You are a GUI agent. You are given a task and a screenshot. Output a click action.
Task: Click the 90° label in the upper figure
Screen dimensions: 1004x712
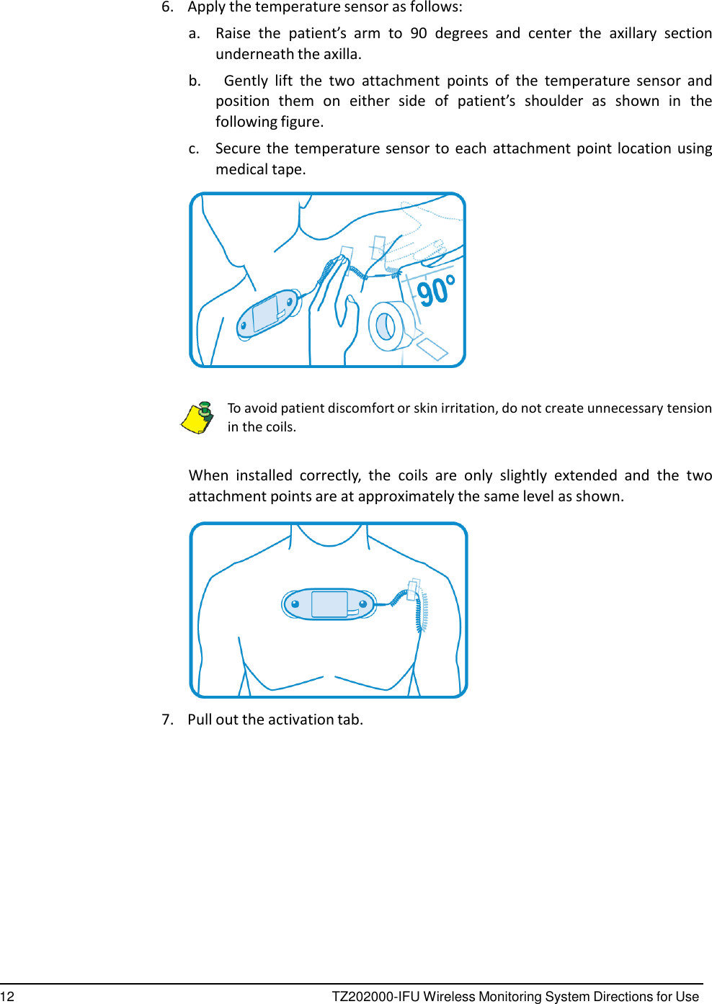[x=437, y=291]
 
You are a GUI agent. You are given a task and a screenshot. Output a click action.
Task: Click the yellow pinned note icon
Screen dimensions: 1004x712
[x=197, y=418]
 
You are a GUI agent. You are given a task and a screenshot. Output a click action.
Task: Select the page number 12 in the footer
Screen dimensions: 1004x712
[x=7, y=996]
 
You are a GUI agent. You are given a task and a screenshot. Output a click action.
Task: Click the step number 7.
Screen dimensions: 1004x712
[x=167, y=720]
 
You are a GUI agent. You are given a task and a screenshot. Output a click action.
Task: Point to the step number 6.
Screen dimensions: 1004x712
[x=167, y=7]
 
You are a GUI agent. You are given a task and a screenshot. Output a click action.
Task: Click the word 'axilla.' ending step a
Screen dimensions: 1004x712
[x=342, y=54]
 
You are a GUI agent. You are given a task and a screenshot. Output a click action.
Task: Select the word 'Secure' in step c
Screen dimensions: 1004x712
[x=238, y=148]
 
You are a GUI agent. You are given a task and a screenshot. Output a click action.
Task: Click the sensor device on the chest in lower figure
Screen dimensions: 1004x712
[x=329, y=604]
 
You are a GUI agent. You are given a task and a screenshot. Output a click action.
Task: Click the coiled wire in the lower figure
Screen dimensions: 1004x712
[x=420, y=612]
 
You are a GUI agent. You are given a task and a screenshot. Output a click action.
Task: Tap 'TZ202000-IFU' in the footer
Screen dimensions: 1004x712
[x=375, y=996]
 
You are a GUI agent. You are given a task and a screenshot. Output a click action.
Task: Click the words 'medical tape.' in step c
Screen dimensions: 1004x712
[x=261, y=169]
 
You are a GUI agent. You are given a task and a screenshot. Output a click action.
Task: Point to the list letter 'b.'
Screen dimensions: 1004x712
[x=195, y=81]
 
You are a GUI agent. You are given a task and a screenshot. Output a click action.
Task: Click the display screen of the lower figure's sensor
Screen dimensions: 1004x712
[x=329, y=604]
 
